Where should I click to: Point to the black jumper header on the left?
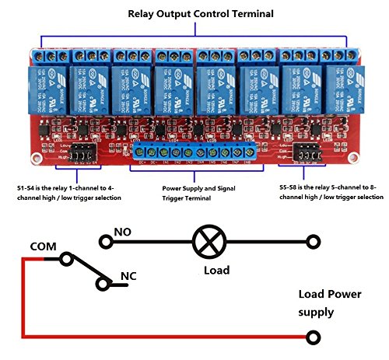[x=80, y=157]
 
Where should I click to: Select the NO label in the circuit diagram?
[x=123, y=231]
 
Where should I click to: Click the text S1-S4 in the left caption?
[x=26, y=188]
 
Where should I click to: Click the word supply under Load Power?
[x=319, y=313]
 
